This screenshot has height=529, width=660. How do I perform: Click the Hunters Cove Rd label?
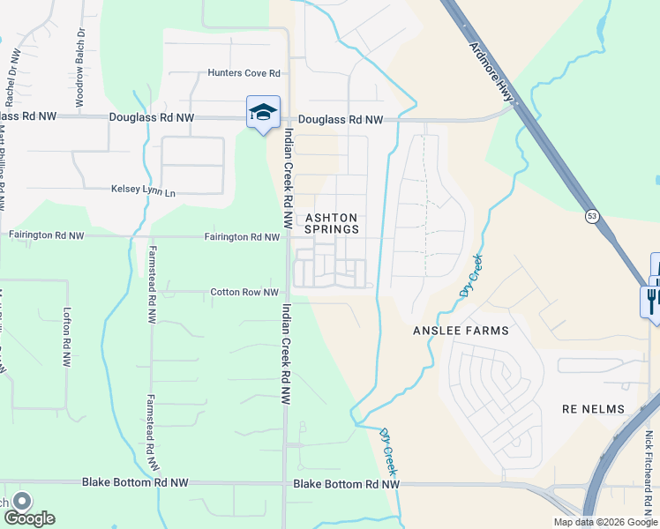coord(244,73)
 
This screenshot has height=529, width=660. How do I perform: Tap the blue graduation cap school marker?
coord(263,113)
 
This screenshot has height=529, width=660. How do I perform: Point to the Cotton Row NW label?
coord(244,292)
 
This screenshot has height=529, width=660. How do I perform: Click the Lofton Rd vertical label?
coord(66,337)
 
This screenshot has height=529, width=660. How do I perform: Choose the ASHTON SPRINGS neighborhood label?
coord(332,223)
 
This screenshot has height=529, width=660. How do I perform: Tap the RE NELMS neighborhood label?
coord(593,409)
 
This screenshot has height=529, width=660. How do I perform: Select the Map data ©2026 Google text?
coord(604,522)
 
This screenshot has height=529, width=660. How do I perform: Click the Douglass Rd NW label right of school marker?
coord(341,119)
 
